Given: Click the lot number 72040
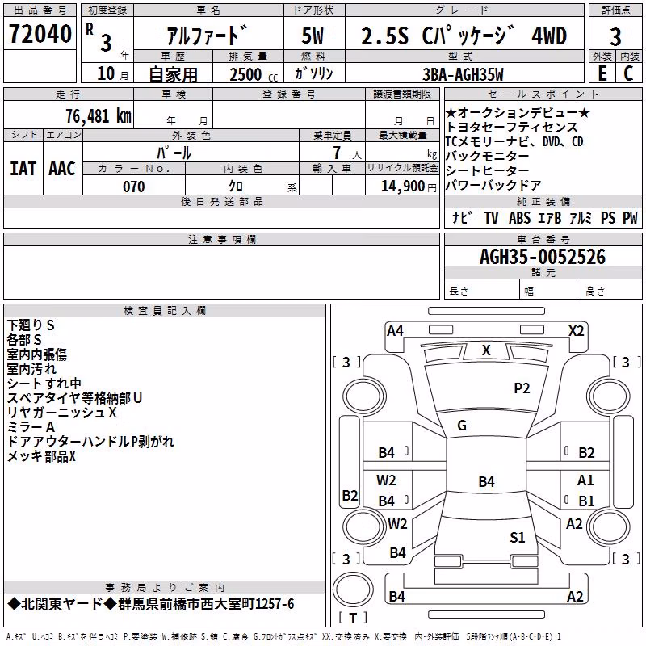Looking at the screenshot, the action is pyautogui.click(x=40, y=34).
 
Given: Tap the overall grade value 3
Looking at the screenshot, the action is pyautogui.click(x=615, y=36).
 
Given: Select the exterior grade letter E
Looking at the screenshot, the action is pyautogui.click(x=602, y=73).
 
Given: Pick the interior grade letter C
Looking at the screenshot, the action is pyautogui.click(x=628, y=73).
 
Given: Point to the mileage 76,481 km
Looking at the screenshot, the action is pyautogui.click(x=99, y=115).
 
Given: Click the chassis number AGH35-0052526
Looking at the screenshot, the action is pyautogui.click(x=543, y=257).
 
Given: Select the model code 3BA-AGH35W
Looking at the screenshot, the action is pyautogui.click(x=463, y=74).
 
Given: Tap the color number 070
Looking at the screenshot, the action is pyautogui.click(x=134, y=187).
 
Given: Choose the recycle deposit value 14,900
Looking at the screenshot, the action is pyautogui.click(x=403, y=187).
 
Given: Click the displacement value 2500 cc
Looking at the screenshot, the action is pyautogui.click(x=254, y=74).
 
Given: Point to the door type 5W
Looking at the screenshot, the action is pyautogui.click(x=313, y=36).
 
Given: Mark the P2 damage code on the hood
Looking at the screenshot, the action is pyautogui.click(x=522, y=388).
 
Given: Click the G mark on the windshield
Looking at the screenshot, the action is pyautogui.click(x=462, y=426).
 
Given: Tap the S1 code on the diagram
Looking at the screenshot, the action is pyautogui.click(x=517, y=537).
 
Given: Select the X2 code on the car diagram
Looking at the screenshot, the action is pyautogui.click(x=576, y=331).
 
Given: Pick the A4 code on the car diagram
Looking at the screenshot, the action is pyautogui.click(x=395, y=331).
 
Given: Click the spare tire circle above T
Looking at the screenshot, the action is pyautogui.click(x=353, y=589).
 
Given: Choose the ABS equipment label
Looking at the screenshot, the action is pyautogui.click(x=519, y=218).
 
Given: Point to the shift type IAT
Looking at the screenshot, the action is pyautogui.click(x=23, y=169).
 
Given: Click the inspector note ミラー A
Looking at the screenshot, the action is pyautogui.click(x=31, y=427).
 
